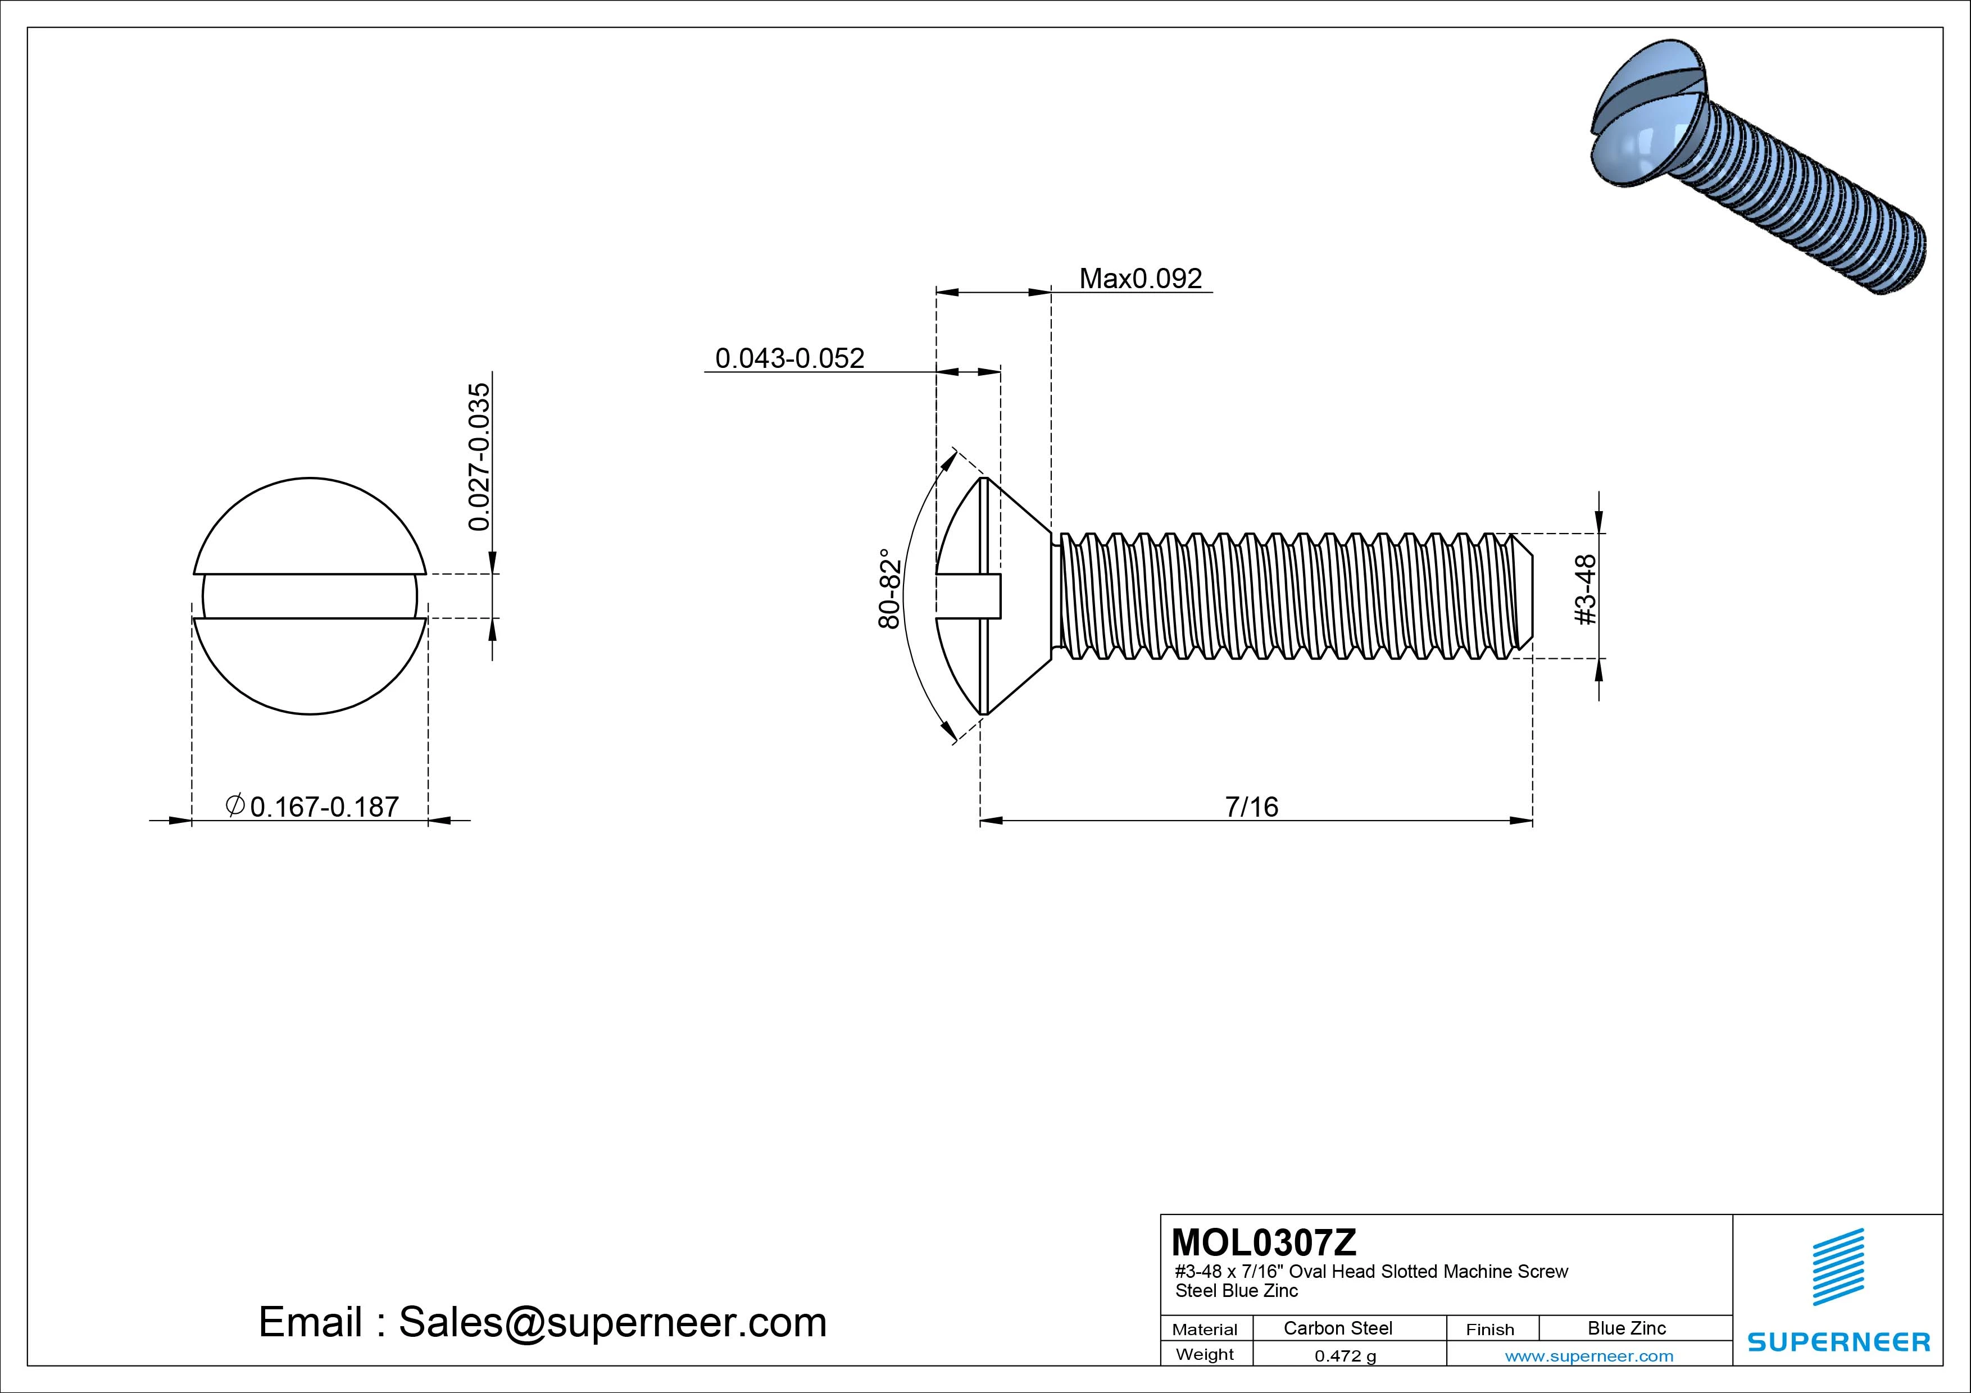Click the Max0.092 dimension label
(x=1140, y=279)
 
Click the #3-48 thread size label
(x=1587, y=590)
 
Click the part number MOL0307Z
(x=1264, y=1242)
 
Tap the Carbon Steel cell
(x=1337, y=1328)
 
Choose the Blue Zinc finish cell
(x=1626, y=1328)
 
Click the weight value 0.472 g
(x=1345, y=1356)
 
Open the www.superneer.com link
(x=1589, y=1356)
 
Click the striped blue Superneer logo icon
(x=1837, y=1266)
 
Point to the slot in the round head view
(x=310, y=595)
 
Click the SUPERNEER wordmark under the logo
(x=1838, y=1341)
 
